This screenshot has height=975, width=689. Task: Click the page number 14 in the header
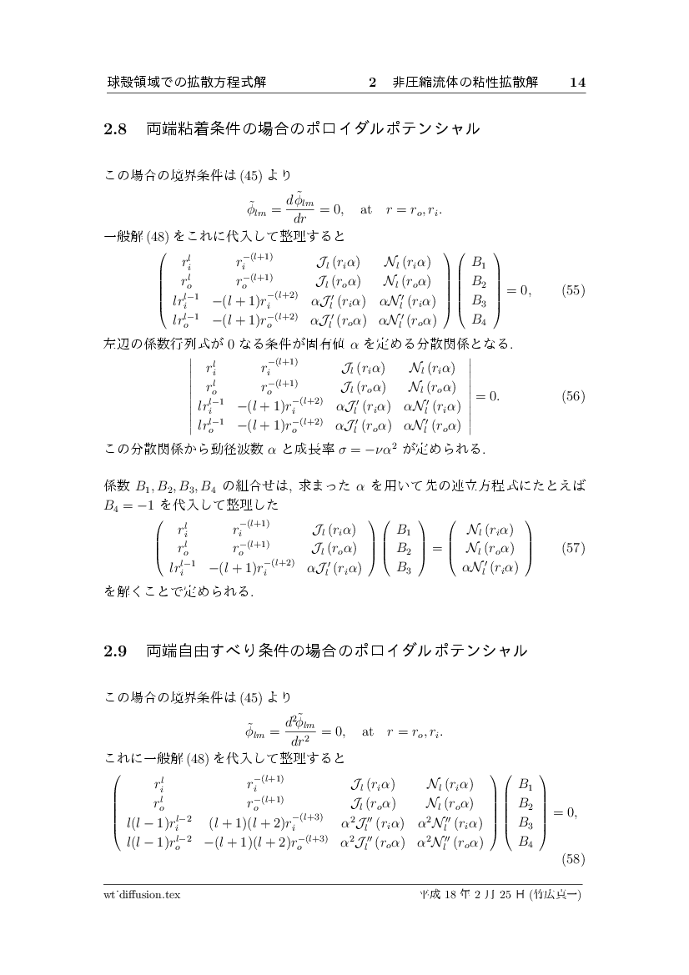578,83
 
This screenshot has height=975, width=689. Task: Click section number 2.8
114,129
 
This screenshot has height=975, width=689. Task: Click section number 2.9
114,651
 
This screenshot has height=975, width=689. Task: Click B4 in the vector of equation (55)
479,319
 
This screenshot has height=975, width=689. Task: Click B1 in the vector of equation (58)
526,784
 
